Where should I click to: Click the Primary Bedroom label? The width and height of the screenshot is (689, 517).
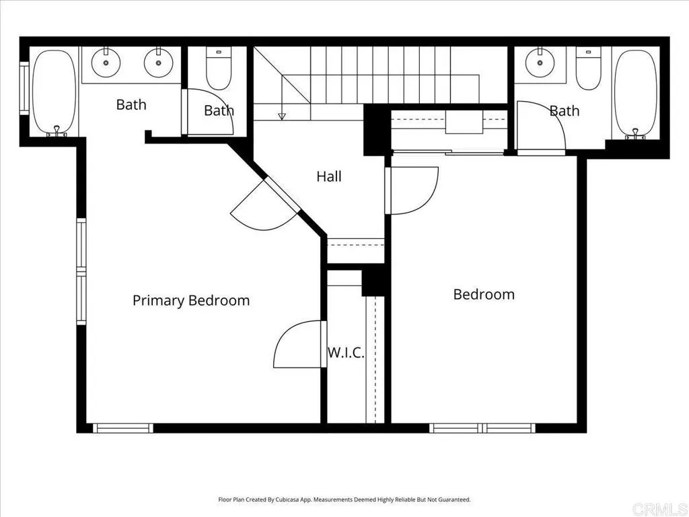(x=190, y=300)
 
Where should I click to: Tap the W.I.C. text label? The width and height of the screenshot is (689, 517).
(x=346, y=352)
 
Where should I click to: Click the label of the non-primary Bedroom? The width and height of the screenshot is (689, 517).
(x=483, y=294)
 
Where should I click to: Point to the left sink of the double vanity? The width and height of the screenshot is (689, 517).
(x=106, y=64)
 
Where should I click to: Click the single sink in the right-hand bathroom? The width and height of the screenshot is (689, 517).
(x=538, y=64)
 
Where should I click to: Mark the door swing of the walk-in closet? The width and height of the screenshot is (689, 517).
(x=299, y=345)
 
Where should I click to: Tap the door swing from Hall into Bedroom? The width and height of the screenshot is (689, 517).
(x=412, y=190)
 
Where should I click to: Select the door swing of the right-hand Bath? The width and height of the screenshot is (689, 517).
(x=542, y=128)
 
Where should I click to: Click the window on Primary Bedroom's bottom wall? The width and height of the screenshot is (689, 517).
(x=122, y=427)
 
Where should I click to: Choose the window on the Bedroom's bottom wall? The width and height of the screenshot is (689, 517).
(x=482, y=427)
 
